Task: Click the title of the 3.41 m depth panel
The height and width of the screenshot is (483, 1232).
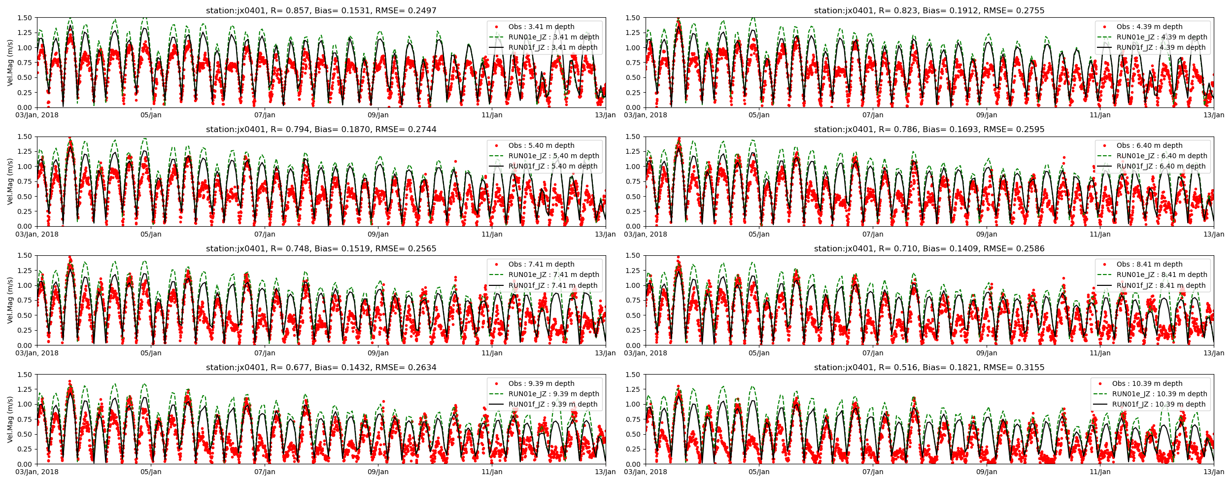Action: point(321,10)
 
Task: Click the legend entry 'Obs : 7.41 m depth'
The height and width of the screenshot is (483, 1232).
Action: point(541,264)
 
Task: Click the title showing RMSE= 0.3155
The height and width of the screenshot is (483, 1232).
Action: point(929,367)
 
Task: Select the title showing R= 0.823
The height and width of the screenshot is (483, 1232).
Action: point(929,10)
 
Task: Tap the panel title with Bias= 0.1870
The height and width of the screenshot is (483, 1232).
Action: point(321,129)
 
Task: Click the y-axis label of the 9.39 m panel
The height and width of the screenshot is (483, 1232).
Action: point(10,419)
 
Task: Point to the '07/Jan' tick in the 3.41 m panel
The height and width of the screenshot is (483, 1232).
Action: point(265,115)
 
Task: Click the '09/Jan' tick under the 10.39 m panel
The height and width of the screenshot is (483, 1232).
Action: point(987,472)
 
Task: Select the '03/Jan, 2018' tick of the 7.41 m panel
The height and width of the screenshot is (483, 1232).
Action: point(37,353)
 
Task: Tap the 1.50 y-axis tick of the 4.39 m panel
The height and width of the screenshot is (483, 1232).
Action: point(633,18)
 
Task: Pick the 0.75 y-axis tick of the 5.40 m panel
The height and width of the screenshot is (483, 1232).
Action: point(24,181)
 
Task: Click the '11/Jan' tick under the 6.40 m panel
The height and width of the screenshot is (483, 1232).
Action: point(1100,234)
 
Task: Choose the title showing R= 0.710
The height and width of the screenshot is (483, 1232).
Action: point(929,248)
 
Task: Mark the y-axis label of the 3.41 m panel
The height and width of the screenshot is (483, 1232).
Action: point(10,63)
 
